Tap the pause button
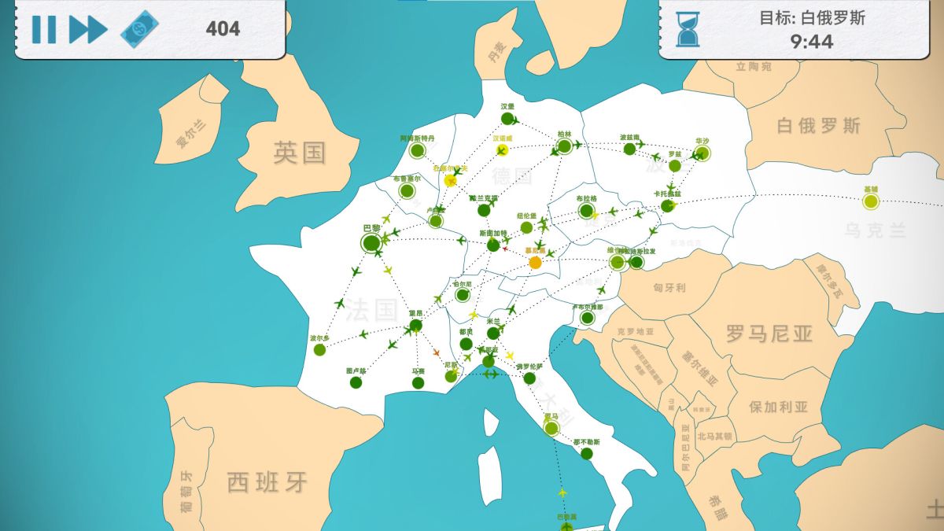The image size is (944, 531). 43,29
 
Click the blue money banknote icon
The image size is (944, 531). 138,29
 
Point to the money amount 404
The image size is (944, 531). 223,29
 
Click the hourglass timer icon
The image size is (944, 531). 688,29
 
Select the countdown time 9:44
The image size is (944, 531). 812,41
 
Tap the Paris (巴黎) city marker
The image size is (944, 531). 371,243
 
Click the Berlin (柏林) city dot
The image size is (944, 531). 564,146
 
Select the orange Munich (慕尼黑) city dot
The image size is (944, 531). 536,262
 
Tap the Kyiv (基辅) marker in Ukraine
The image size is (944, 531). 870,201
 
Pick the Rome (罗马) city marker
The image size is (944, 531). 551,428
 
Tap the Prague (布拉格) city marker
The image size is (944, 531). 586,210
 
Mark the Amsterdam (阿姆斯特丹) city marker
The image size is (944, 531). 417,150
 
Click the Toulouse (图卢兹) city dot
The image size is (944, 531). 356,382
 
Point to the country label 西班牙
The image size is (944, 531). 267,481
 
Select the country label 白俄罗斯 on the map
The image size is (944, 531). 818,126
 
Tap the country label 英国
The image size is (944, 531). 299,153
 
